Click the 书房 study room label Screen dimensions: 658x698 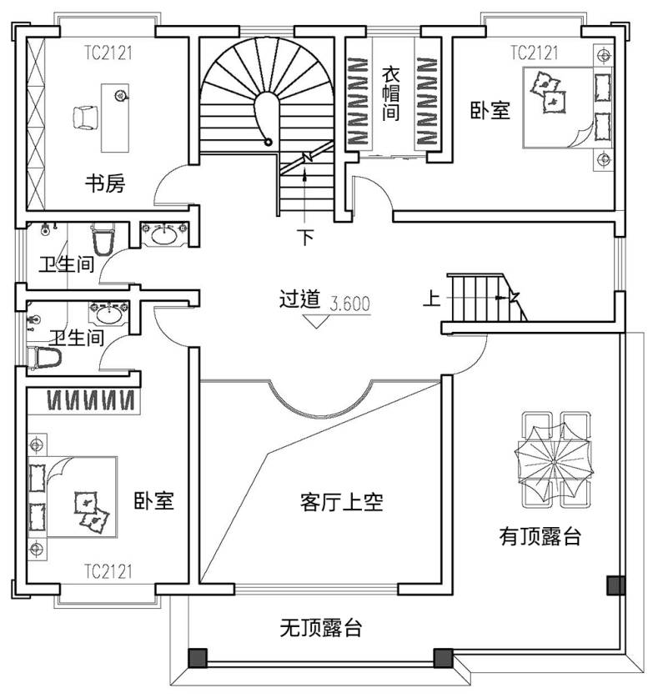coord(105,183)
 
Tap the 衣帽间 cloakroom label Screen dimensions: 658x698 coord(390,94)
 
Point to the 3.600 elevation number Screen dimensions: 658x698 coord(350,304)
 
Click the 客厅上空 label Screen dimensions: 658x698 coord(341,502)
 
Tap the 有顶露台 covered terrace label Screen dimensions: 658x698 coord(540,536)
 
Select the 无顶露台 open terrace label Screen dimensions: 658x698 coord(320,628)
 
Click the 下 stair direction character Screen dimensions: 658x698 coord(305,238)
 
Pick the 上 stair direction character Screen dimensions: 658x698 coord(431,298)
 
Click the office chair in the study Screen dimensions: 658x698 coord(85,118)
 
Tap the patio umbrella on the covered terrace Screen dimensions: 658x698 coord(555,462)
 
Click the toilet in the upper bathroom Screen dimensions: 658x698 coord(103,239)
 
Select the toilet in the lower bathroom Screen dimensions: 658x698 coord(44,358)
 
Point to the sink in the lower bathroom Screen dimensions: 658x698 coord(109,314)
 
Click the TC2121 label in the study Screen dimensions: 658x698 coord(108,53)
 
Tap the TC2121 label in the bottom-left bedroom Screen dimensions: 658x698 coord(108,571)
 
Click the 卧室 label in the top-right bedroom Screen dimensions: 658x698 coord(490,110)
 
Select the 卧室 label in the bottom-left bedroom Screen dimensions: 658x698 coord(153,501)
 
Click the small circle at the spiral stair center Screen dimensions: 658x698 coord(268,142)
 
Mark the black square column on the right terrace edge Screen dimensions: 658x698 coord(616,585)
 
